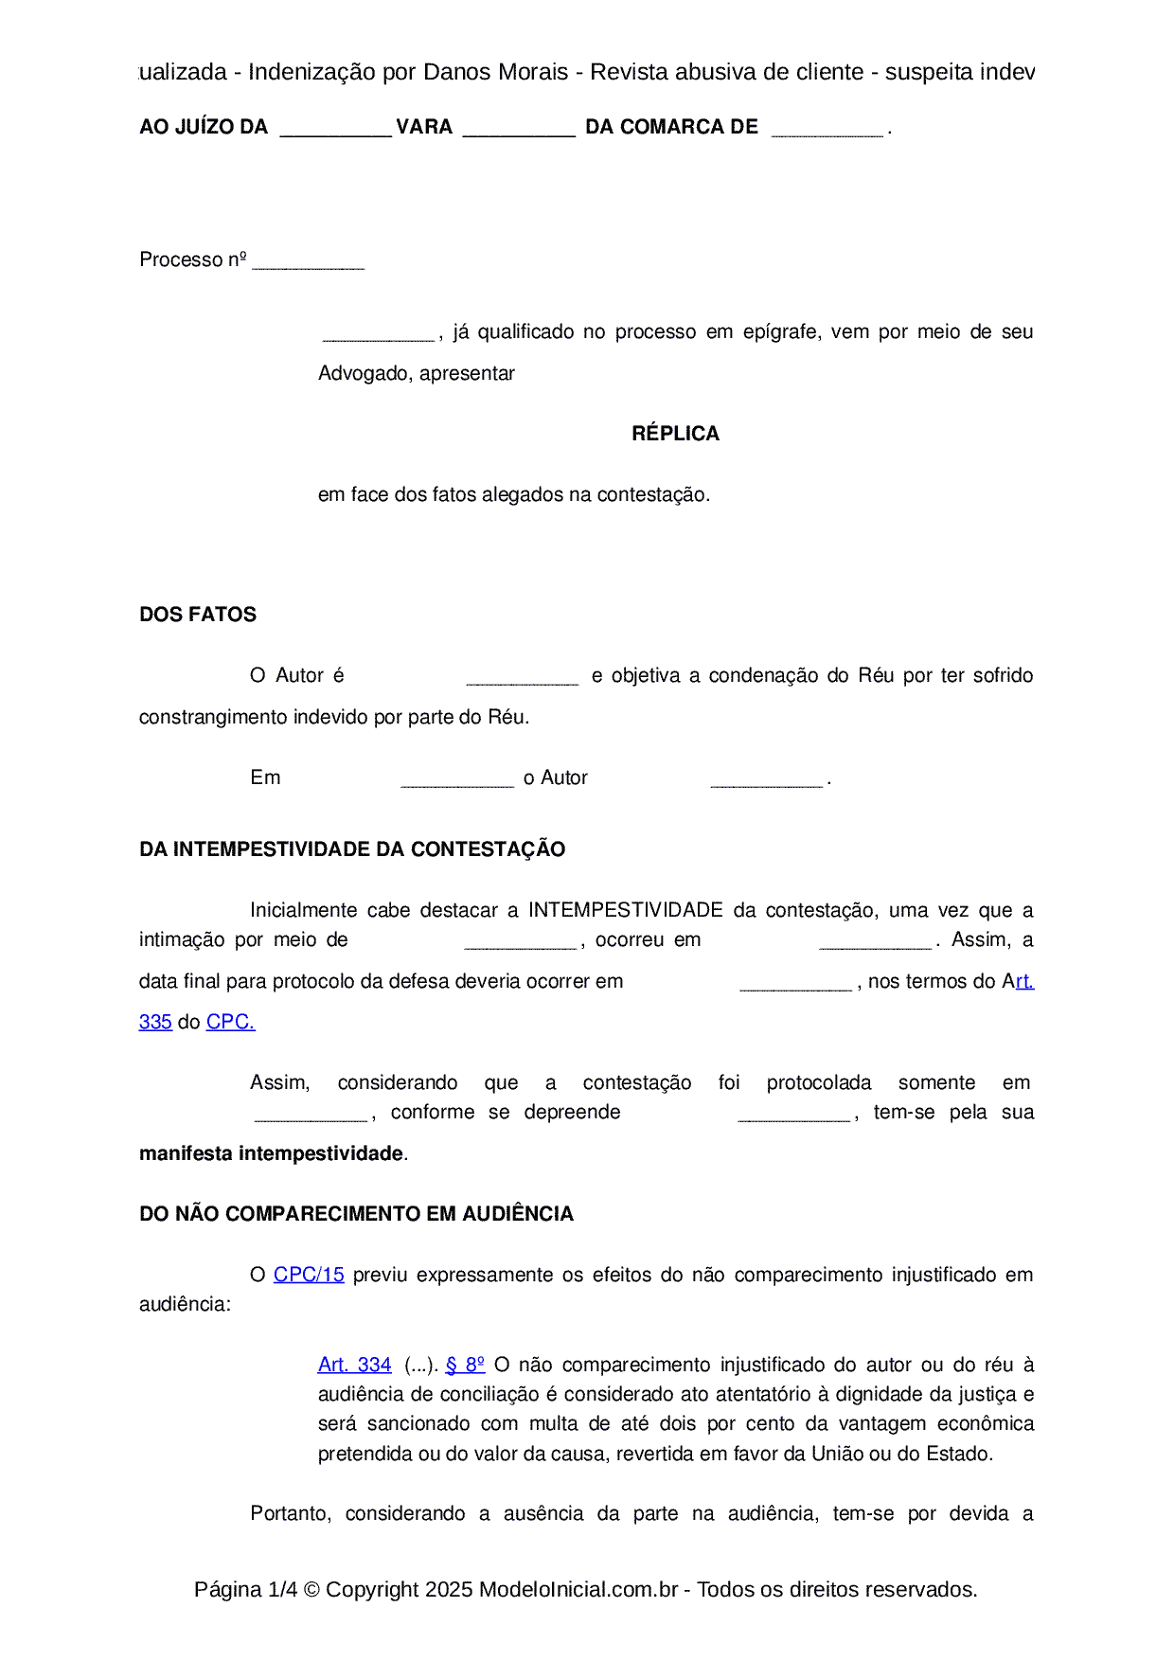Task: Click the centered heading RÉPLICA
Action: [x=675, y=434]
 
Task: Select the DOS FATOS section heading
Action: [x=198, y=615]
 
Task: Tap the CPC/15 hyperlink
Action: [x=309, y=1275]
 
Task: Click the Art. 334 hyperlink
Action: [x=354, y=1365]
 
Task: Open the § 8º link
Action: [x=465, y=1365]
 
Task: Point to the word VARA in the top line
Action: [x=424, y=127]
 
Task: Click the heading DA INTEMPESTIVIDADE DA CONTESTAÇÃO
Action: [x=352, y=849]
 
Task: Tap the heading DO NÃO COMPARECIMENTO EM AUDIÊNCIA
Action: [x=356, y=1214]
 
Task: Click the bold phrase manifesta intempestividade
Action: [x=271, y=1153]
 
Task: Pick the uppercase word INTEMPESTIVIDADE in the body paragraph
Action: [x=626, y=910]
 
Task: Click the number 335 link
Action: [x=155, y=1023]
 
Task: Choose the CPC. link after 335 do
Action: [x=230, y=1023]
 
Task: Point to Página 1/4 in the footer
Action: [x=245, y=1589]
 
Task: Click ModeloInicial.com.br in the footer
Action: [x=578, y=1589]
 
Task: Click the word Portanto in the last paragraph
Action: [x=290, y=1513]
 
